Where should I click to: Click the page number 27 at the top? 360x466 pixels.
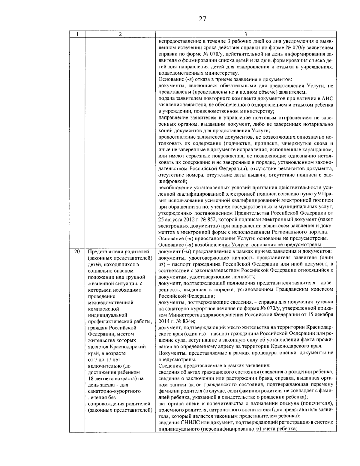(202, 19)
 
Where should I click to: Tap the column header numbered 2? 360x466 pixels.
(120, 35)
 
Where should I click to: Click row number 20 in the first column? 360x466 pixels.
(77, 251)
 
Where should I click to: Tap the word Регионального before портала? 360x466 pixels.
(284, 232)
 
